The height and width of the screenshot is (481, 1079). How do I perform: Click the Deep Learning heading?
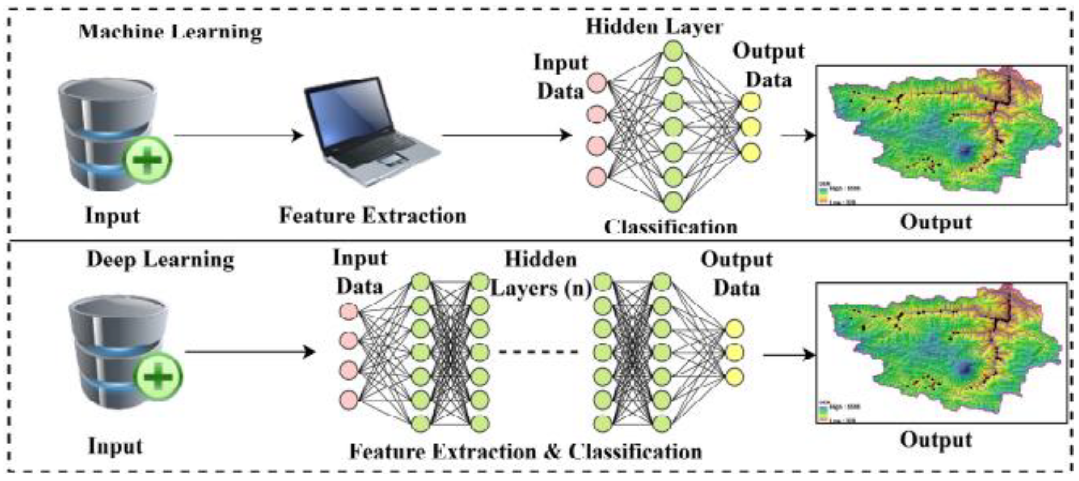coord(160,260)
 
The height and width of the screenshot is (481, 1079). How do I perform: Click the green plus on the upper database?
coord(147,160)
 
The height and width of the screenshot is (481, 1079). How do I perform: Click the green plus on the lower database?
coord(157,376)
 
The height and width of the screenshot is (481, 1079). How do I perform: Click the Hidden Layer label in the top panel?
coord(654,27)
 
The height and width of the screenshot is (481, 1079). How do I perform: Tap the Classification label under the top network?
coord(671,226)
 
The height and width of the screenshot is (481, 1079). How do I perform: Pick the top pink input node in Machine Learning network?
coord(596,83)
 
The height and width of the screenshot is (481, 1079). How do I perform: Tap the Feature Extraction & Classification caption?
coord(525,452)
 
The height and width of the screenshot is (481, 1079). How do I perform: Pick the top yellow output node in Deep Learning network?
coord(734,329)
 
